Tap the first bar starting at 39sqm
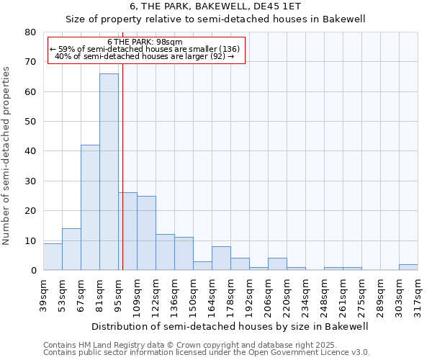tap(53, 256)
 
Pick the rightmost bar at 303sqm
tap(408, 267)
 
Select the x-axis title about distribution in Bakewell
tap(230, 326)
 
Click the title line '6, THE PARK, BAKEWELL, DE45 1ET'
tap(215, 6)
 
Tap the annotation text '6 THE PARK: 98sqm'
tap(145, 42)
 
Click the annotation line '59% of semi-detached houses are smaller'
tap(145, 49)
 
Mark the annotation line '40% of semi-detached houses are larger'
tap(145, 56)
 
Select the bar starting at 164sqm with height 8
tap(221, 258)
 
